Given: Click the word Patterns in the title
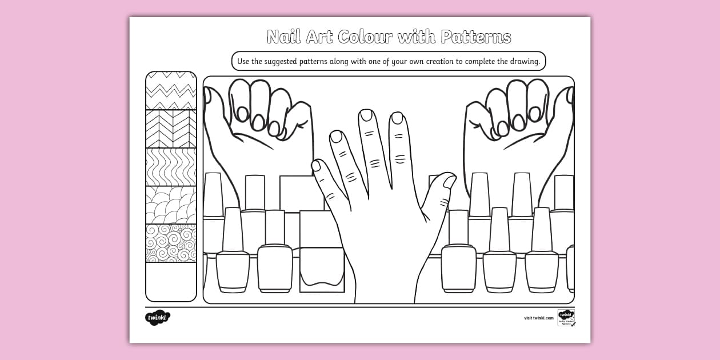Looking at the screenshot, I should pos(475,38).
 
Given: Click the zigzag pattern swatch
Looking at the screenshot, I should pos(171,90).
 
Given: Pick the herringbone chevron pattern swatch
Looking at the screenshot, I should pos(171,129).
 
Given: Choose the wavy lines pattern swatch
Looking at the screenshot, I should pos(171,167).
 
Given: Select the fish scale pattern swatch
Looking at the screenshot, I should pos(171,205).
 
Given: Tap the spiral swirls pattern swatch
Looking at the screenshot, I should pos(171,243).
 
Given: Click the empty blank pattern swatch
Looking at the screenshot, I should pos(171,281).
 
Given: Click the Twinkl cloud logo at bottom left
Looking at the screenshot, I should pos(158,317).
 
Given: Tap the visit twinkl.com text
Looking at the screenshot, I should pos(538,318).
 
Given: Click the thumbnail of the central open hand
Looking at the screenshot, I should pos(449,182).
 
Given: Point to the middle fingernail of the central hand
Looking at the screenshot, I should pos(366,115).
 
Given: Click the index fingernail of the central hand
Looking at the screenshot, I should pos(397,118).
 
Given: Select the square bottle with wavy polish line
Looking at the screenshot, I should pos(322,269).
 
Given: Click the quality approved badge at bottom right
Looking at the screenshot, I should pos(566,318).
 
